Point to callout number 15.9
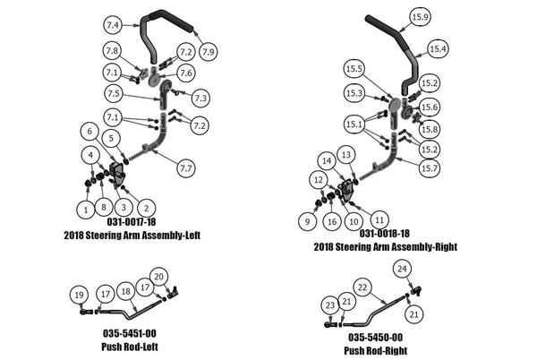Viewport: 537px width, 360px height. coord(420,17)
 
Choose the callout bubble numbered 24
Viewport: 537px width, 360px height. coord(404,269)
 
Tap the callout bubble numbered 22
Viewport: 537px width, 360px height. coord(362,287)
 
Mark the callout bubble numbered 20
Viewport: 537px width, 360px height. coord(159,276)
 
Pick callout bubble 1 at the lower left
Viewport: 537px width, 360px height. coord(85,209)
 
